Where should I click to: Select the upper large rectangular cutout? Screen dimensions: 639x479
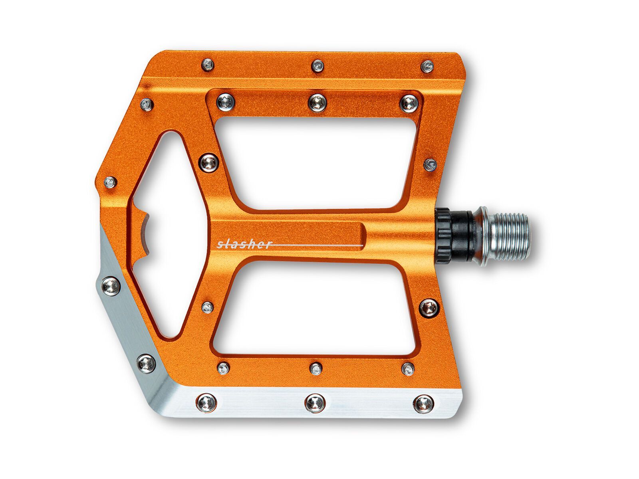(316, 162)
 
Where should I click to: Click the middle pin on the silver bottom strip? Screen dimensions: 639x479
(314, 404)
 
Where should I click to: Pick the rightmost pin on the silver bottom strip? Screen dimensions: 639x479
(424, 404)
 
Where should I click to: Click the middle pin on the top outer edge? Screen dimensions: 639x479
(318, 66)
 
